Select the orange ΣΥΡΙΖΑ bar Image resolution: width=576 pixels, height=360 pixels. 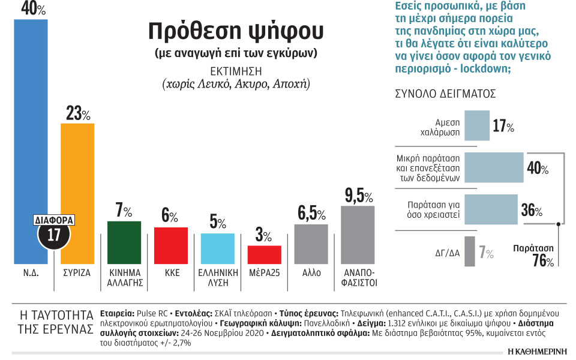pyautogui.click(x=78, y=180)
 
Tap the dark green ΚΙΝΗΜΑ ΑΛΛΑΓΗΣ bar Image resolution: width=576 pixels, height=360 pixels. pyautogui.click(x=124, y=242)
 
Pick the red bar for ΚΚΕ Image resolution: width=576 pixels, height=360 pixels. pyautogui.click(x=171, y=245)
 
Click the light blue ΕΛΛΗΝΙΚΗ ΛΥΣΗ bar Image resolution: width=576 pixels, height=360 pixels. pyautogui.click(x=217, y=248)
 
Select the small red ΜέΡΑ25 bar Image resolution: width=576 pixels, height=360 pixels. pyautogui.click(x=264, y=254)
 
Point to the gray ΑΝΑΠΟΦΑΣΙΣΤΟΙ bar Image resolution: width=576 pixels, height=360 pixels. pyautogui.click(x=358, y=235)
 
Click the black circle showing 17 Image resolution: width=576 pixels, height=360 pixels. pyautogui.click(x=53, y=235)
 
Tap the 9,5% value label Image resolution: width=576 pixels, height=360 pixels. pyautogui.click(x=359, y=196)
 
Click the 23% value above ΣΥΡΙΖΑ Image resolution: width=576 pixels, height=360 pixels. pyautogui.click(x=77, y=113)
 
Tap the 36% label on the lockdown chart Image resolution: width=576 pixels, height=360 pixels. pyautogui.click(x=531, y=211)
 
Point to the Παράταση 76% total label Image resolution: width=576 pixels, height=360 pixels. pyautogui.click(x=534, y=254)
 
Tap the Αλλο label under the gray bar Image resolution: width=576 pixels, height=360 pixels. pyautogui.click(x=311, y=272)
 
